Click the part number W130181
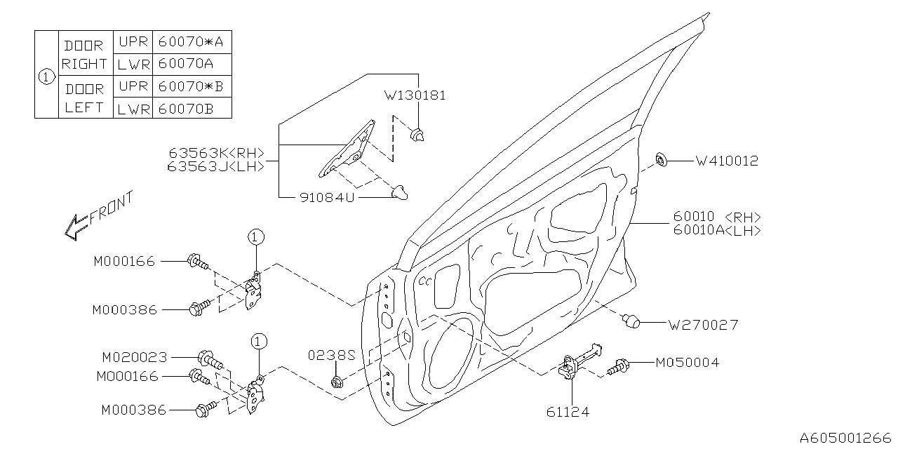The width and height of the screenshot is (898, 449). pyautogui.click(x=415, y=95)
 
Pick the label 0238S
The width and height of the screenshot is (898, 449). pyautogui.click(x=332, y=356)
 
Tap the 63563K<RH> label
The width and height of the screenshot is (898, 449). pyautogui.click(x=216, y=153)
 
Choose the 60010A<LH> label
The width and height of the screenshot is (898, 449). pyautogui.click(x=716, y=230)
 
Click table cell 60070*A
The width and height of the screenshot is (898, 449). pyautogui.click(x=190, y=41)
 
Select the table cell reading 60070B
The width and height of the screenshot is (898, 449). pyautogui.click(x=185, y=107)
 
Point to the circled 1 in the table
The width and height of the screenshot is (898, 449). pyautogui.click(x=46, y=75)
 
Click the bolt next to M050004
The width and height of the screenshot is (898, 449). pyautogui.click(x=619, y=365)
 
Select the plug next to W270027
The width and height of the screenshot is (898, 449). pyautogui.click(x=632, y=321)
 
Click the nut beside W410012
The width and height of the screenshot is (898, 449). pyautogui.click(x=660, y=161)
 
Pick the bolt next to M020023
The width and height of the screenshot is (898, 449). pyautogui.click(x=210, y=360)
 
